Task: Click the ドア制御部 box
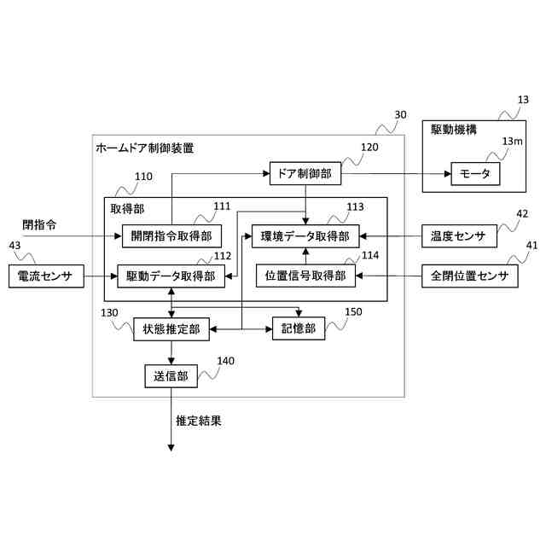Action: (x=305, y=173)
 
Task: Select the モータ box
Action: (x=475, y=173)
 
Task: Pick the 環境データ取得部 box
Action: (x=305, y=235)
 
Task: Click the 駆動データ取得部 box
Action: (x=171, y=276)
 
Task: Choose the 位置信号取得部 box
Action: (x=305, y=276)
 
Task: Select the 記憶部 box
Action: (x=298, y=328)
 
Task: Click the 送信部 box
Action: (x=171, y=375)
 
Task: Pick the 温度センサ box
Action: (x=460, y=235)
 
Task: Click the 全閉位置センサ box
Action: (x=469, y=276)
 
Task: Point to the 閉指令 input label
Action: (x=39, y=224)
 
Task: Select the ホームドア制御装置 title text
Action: (x=144, y=148)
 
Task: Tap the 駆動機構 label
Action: (x=454, y=130)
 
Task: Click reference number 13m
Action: (x=512, y=141)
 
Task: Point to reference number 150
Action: (x=352, y=312)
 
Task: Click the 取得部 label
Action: (x=127, y=208)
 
